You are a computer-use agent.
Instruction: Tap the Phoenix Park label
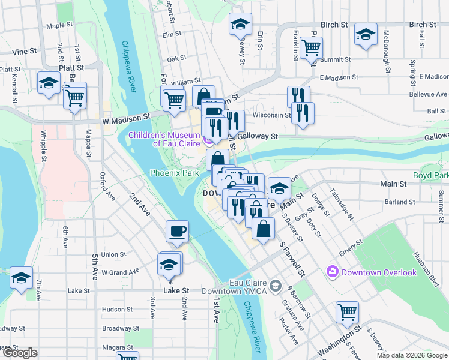coord(174,173)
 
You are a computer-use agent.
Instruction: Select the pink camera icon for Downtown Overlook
coord(332,272)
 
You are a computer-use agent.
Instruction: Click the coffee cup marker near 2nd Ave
coord(178,232)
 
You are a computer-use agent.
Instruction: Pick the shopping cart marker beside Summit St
coord(311,47)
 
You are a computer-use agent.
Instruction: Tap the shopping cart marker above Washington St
coord(347,313)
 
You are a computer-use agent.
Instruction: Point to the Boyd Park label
coord(430,176)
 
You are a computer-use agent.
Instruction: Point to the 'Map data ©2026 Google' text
coord(412,355)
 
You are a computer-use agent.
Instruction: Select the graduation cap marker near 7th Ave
coord(22,278)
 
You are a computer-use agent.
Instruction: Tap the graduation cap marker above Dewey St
coord(240,25)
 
